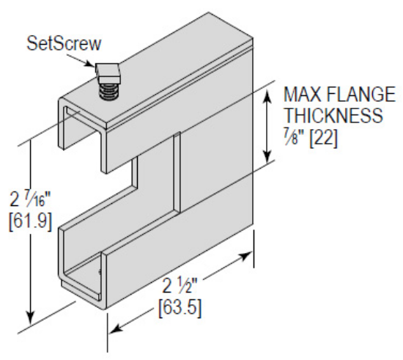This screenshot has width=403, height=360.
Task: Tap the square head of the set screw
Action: (x=107, y=71)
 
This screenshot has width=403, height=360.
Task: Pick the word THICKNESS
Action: (x=333, y=116)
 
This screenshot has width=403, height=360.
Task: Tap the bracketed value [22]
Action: (x=324, y=137)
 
